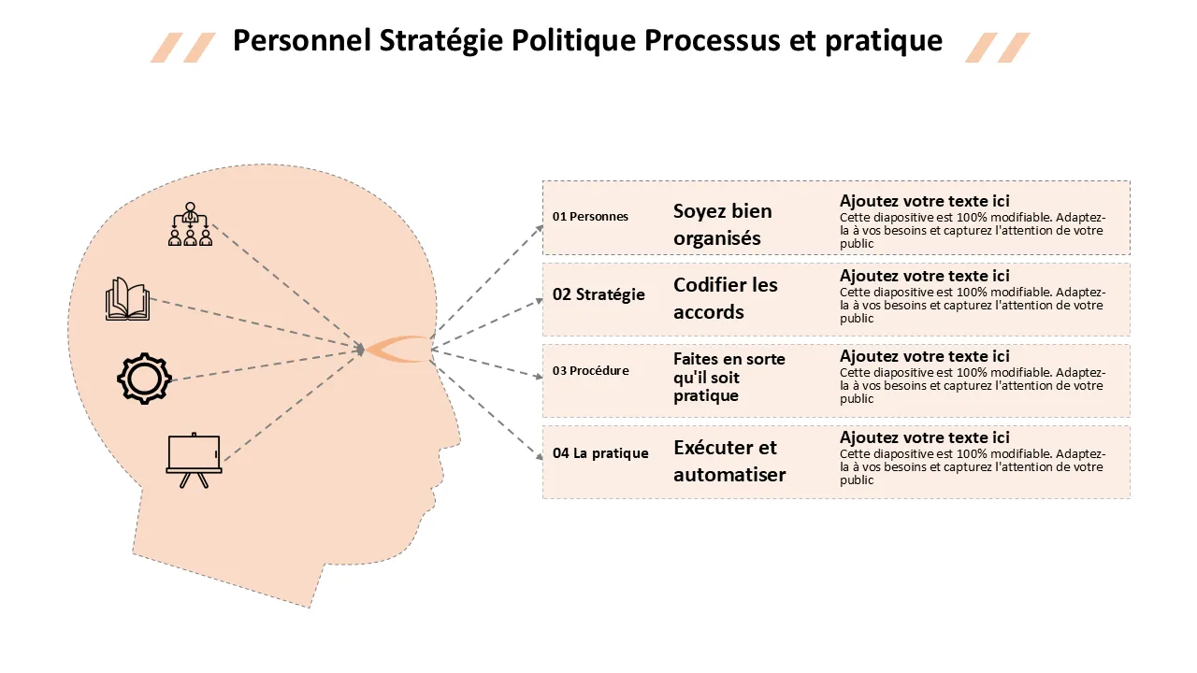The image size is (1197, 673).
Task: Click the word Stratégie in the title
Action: tap(440, 41)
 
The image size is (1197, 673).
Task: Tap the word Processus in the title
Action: tap(712, 40)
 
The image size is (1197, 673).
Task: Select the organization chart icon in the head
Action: tap(190, 224)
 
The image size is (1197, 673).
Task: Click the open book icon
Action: tap(127, 299)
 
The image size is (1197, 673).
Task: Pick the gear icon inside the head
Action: tap(144, 379)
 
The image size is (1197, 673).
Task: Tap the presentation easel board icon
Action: tap(194, 461)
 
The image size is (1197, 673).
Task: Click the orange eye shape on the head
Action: tap(398, 350)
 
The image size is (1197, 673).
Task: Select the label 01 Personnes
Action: tap(590, 216)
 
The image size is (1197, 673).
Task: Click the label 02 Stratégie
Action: tap(598, 294)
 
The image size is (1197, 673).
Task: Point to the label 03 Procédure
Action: tap(590, 370)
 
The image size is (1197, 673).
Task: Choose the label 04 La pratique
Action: tap(600, 453)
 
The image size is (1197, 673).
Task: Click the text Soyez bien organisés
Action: tap(723, 224)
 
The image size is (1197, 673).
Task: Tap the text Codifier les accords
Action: tap(725, 298)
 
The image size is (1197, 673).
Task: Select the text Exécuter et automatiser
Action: tap(729, 461)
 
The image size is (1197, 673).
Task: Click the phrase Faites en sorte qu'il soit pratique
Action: tap(728, 377)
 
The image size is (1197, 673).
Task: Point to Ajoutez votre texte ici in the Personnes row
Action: tap(925, 201)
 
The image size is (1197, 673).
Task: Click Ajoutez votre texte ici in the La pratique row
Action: tap(925, 437)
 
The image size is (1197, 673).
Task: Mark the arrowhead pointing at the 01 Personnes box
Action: tap(540, 229)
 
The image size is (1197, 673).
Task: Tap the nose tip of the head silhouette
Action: tap(459, 441)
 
